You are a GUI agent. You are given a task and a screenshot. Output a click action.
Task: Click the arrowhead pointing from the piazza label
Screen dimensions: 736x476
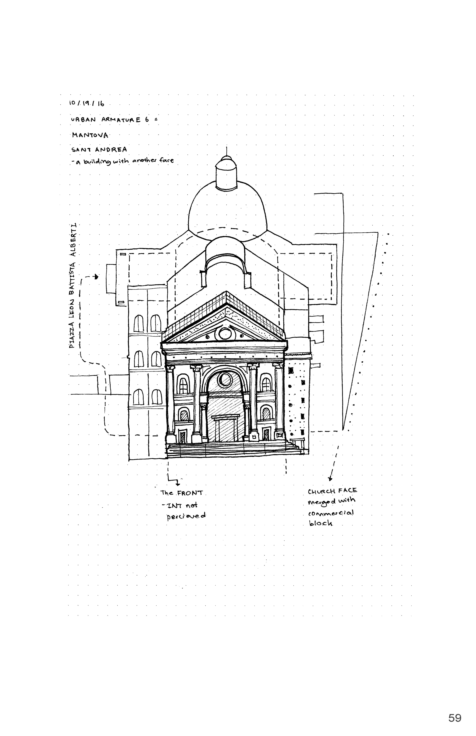98,277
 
